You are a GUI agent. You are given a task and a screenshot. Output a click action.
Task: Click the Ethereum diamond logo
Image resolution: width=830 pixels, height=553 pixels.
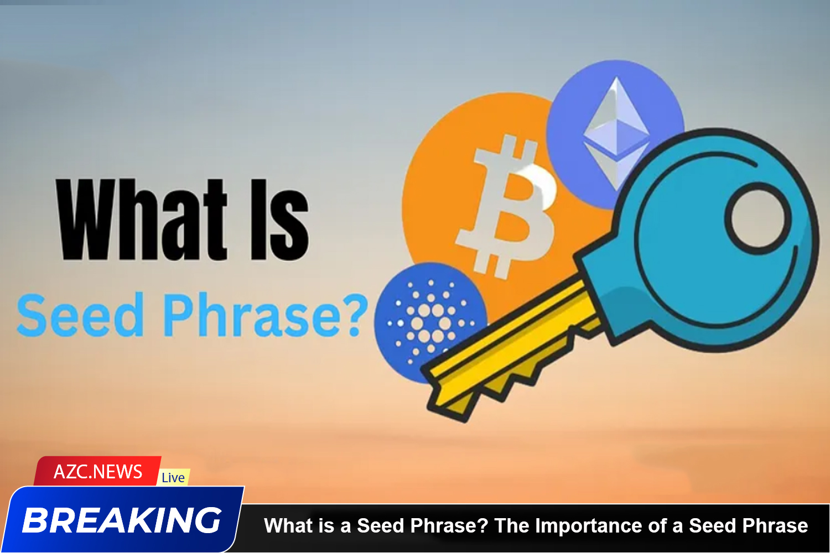click(x=616, y=133)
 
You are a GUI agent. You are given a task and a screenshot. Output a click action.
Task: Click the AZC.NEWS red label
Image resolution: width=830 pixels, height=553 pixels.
click(x=98, y=472)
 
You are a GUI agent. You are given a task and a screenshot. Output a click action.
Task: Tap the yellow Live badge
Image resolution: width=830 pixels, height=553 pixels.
click(x=173, y=478)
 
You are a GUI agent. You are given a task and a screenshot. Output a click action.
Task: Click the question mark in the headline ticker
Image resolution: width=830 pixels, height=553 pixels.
click(x=483, y=525)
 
